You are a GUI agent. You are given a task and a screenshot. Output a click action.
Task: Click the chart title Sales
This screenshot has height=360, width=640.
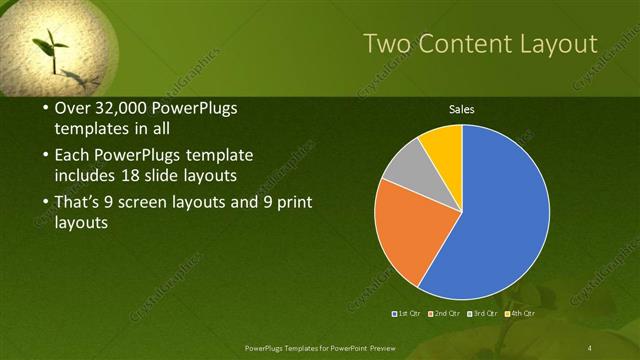click(461, 109)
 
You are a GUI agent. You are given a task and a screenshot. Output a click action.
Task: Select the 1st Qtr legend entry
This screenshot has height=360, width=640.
click(407, 314)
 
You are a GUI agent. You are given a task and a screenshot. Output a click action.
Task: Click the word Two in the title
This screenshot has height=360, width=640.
click(385, 44)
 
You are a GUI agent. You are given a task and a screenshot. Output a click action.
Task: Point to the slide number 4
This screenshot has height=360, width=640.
click(590, 346)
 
